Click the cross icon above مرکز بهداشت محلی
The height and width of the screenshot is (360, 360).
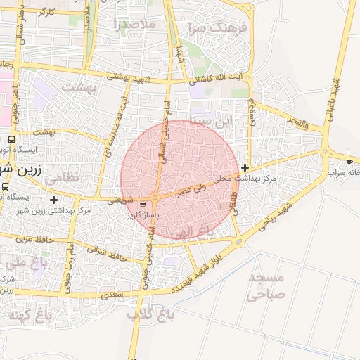pyautogui.click(x=245, y=167)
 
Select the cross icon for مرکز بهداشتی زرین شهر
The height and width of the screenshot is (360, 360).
pyautogui.click(x=53, y=200)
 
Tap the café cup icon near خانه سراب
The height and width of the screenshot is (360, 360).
pyautogui.click(x=350, y=162)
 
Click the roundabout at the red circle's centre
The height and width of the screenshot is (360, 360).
pyautogui.click(x=154, y=197)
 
